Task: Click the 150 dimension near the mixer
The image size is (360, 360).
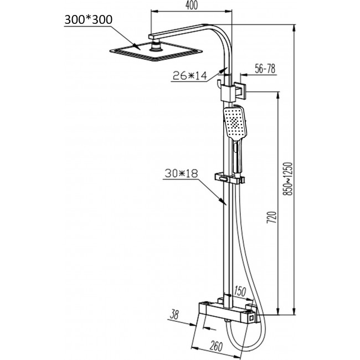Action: [x=239, y=289]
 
